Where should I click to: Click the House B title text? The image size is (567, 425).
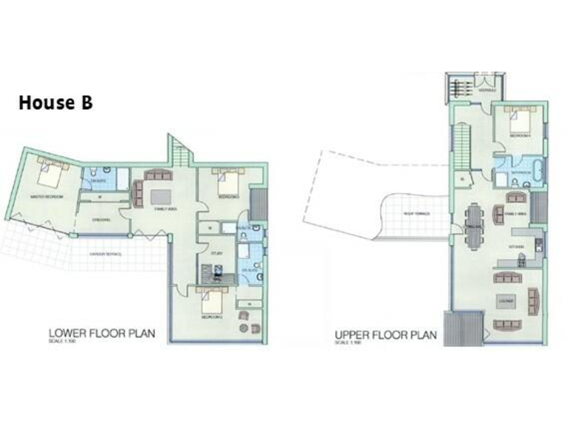(x=55, y=103)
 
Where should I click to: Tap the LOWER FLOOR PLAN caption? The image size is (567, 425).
(x=102, y=333)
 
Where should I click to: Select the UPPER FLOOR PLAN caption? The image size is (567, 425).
(x=385, y=334)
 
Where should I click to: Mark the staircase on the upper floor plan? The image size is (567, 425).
(x=461, y=145)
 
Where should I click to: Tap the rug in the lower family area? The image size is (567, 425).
(x=160, y=198)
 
